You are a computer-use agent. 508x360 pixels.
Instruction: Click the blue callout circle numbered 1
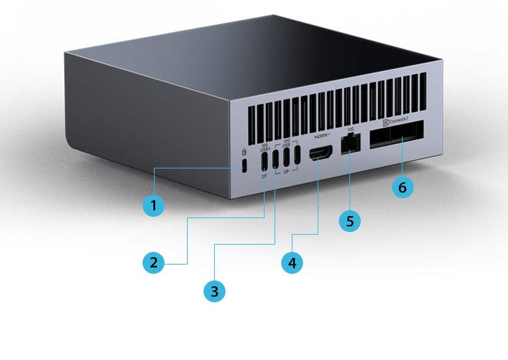click(154, 206)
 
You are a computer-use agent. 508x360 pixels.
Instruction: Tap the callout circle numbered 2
click(154, 263)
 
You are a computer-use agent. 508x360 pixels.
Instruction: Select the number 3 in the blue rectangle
click(214, 291)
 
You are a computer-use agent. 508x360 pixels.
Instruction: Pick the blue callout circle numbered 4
click(292, 263)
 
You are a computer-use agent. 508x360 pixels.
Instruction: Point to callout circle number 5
click(350, 220)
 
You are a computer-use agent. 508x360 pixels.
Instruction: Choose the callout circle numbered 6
click(402, 187)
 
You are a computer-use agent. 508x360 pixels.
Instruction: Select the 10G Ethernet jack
click(350, 145)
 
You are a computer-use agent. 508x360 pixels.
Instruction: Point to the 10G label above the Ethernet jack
click(350, 130)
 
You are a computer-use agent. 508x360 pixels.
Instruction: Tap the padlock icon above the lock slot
click(245, 150)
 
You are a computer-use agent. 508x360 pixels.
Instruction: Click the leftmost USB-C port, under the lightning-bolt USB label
click(265, 160)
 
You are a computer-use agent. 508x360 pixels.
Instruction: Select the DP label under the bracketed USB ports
click(286, 172)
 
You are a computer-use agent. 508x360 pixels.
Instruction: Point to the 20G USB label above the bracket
click(286, 143)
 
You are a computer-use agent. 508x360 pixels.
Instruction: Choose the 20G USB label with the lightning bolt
click(265, 147)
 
